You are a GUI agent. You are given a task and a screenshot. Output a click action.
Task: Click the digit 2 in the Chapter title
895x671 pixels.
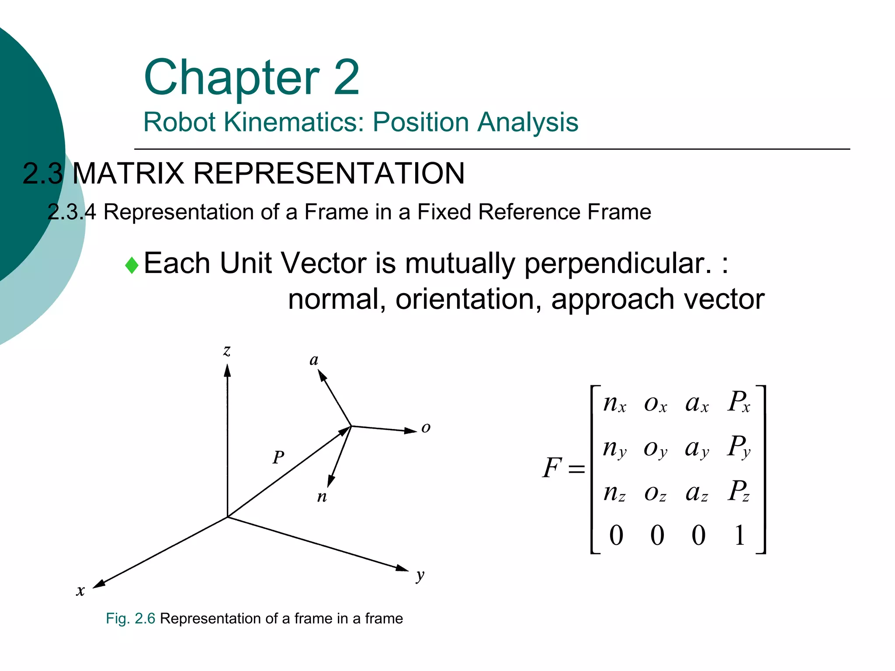(346, 78)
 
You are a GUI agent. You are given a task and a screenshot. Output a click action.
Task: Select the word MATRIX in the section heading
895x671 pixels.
(128, 173)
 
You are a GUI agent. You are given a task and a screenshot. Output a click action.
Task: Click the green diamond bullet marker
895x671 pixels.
(132, 265)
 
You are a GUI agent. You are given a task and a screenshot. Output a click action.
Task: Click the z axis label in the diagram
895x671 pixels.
(226, 350)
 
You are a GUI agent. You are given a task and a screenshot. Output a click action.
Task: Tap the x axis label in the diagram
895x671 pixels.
(80, 591)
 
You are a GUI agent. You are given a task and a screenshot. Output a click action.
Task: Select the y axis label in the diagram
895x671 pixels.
(420, 575)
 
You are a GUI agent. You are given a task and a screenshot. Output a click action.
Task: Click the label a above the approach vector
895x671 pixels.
(314, 360)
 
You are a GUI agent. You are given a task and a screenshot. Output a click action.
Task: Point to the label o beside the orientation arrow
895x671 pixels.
(426, 427)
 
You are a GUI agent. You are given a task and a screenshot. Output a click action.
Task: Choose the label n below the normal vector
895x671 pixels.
(322, 497)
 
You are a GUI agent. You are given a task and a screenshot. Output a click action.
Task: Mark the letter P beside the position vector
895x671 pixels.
(278, 457)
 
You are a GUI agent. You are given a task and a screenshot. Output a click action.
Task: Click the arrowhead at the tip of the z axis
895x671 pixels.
(227, 370)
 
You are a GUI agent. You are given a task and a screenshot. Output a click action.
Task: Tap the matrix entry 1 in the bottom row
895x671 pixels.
(739, 535)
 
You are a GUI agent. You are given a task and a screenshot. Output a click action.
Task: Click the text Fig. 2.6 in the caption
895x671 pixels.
(130, 619)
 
